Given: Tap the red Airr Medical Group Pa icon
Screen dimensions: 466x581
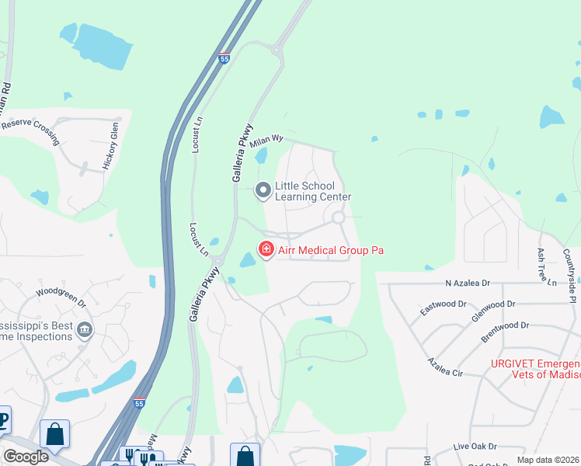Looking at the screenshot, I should tap(266, 249).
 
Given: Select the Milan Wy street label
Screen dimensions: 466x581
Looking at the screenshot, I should tap(266, 138).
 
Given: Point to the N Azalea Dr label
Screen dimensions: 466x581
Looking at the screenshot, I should tap(469, 284).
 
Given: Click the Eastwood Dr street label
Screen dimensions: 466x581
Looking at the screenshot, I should tap(443, 308).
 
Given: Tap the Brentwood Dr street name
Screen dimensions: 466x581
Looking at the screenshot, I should tap(505, 332).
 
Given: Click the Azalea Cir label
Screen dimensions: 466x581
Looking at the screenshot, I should tap(445, 367).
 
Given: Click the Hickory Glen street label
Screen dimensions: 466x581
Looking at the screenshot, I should tap(110, 146).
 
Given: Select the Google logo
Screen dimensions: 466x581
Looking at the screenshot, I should tap(26, 457).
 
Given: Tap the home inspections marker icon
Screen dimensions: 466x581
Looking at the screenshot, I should tap(85, 332).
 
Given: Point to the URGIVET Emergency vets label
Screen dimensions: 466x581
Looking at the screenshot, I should tap(535, 369).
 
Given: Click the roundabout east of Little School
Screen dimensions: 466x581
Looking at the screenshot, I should tap(339, 218).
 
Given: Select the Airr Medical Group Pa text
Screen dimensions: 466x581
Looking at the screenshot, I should tap(330, 250).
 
